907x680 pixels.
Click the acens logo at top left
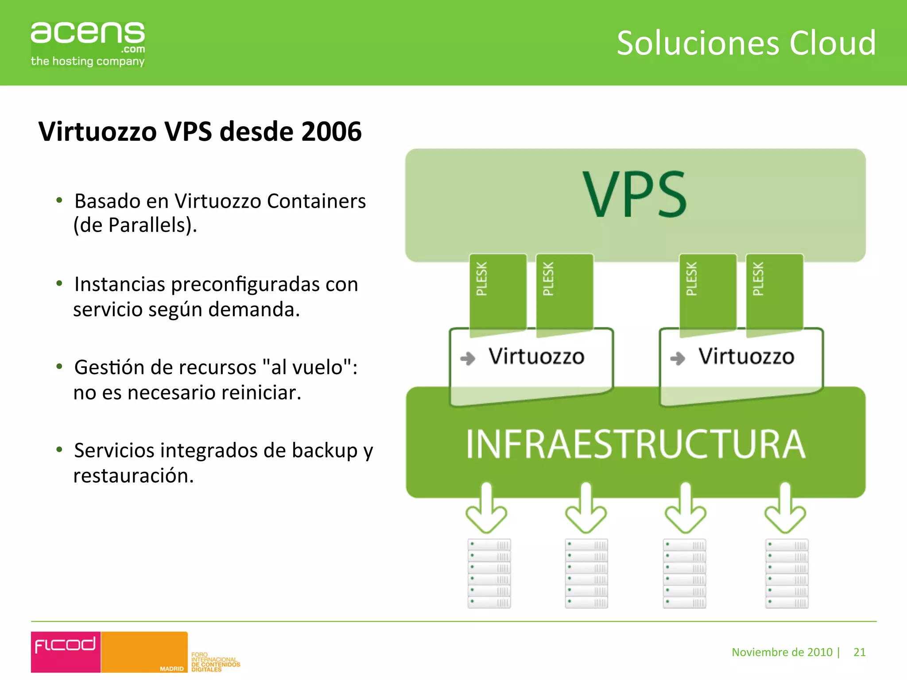click(x=88, y=43)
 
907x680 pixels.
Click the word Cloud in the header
click(x=832, y=43)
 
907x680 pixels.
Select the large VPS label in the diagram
click(x=635, y=195)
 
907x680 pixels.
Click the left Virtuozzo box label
click(x=536, y=356)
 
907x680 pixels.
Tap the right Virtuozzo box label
click(x=746, y=356)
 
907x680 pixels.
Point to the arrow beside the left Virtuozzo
click(x=468, y=358)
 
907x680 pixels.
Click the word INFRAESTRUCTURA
click(x=636, y=444)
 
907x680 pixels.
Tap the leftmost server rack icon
click(x=489, y=573)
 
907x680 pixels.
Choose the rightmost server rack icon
click(x=787, y=573)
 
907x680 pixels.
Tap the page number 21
click(x=859, y=652)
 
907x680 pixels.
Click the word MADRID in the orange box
click(x=171, y=668)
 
